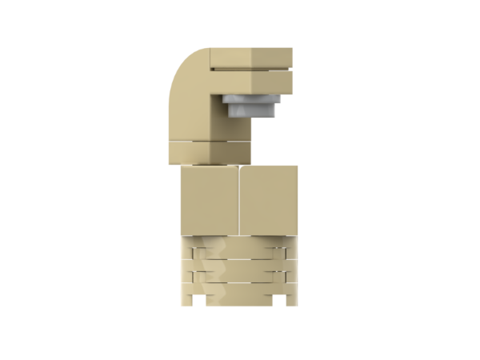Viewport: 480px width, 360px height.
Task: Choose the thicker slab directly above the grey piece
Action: pyautogui.click(x=251, y=81)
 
